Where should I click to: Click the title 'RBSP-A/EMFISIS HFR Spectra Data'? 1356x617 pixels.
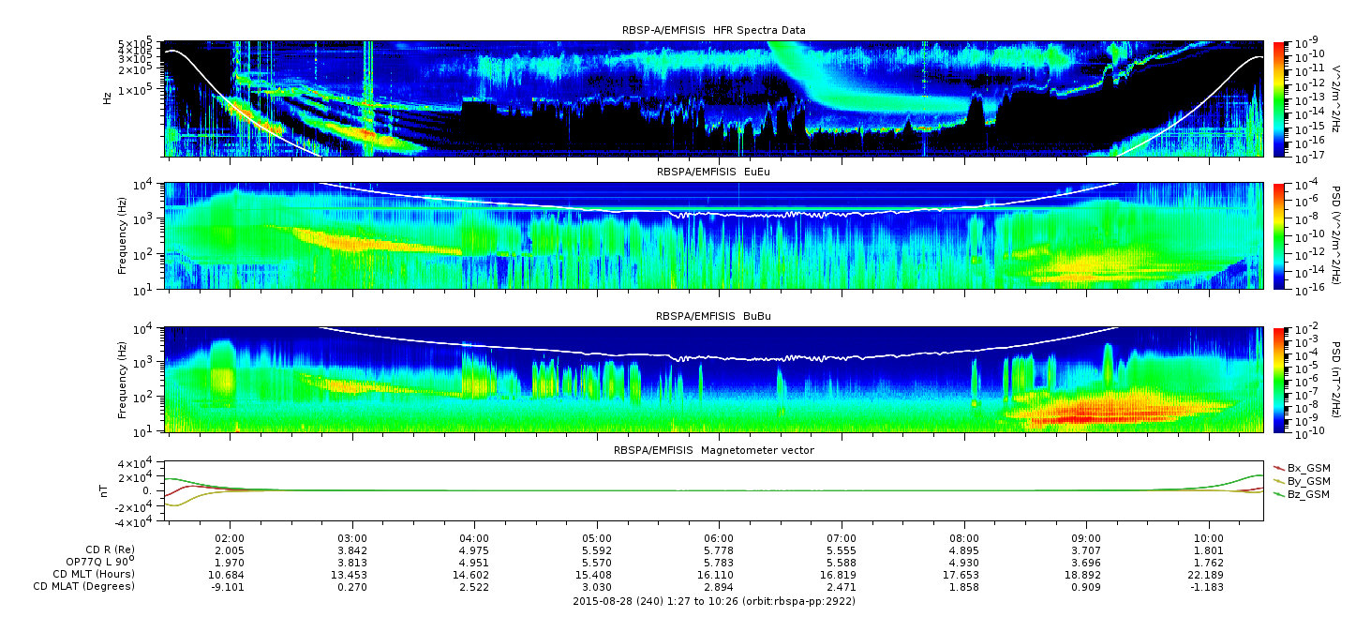tap(714, 30)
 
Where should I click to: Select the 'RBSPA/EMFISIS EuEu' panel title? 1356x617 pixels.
tap(714, 172)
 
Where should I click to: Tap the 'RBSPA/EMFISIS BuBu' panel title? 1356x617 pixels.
tap(714, 316)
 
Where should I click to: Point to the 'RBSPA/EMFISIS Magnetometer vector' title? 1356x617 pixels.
tap(714, 450)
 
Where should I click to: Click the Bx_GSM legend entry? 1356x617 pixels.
tap(1303, 468)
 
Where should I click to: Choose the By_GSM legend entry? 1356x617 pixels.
tap(1303, 481)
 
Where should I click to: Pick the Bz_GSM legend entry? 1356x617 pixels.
tap(1303, 495)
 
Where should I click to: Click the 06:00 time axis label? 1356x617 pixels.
tap(719, 538)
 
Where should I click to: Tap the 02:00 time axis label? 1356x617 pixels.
tap(230, 538)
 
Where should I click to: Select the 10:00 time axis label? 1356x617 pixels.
tap(1209, 538)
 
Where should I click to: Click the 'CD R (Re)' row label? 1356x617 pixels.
tap(111, 549)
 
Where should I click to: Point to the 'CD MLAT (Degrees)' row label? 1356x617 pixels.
tap(84, 587)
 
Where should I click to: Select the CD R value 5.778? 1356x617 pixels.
tap(719, 550)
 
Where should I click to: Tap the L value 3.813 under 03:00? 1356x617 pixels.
tap(352, 563)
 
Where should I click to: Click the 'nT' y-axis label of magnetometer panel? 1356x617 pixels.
tap(103, 490)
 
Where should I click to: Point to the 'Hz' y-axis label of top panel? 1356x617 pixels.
tap(107, 98)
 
